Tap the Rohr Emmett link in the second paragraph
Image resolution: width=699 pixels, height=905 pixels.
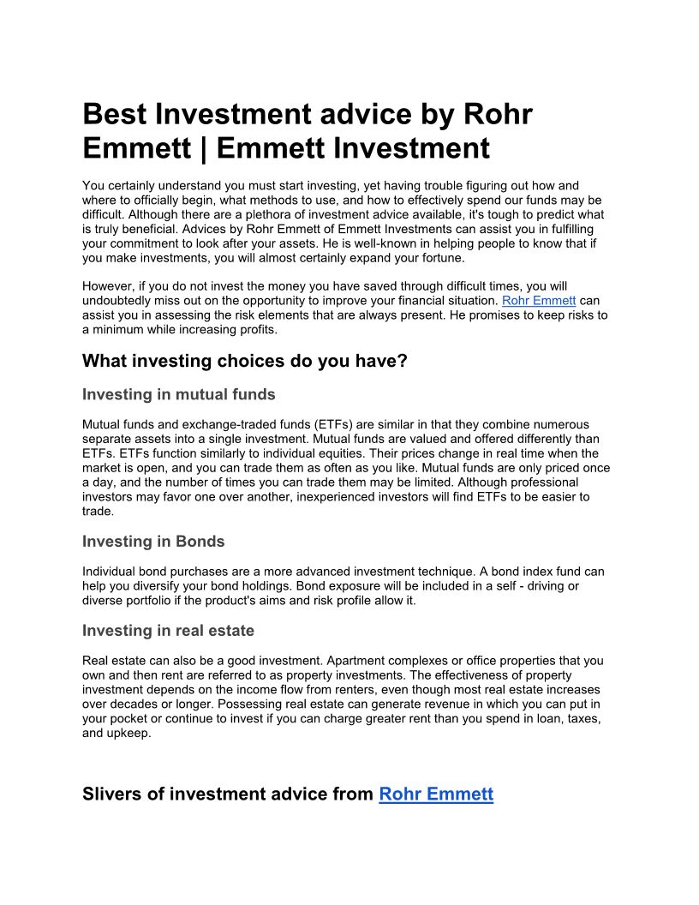click(538, 301)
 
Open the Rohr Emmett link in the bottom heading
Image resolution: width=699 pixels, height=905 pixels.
click(436, 794)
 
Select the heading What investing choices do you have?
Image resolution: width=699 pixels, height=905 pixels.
click(244, 361)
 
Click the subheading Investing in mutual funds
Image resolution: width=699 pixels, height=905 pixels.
click(178, 394)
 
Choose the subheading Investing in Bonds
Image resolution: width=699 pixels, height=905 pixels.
click(153, 542)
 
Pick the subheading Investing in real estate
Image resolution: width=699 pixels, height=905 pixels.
click(168, 631)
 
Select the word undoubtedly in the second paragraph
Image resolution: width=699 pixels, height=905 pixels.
click(120, 301)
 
